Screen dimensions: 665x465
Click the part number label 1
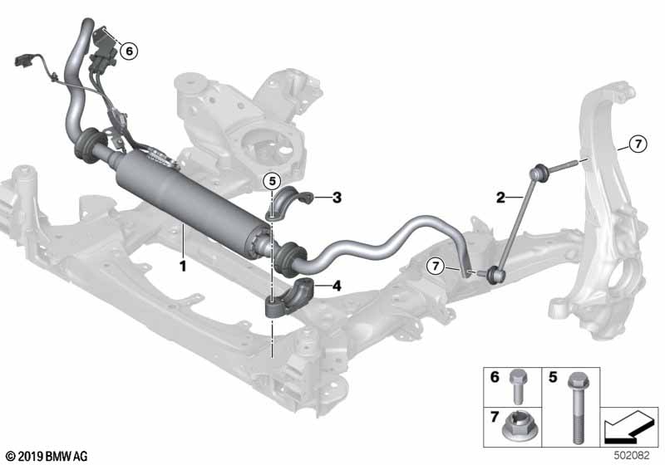point(183,267)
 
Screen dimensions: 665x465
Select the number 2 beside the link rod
point(501,198)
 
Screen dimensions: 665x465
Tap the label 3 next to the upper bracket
point(337,198)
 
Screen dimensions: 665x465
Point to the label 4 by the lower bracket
point(337,286)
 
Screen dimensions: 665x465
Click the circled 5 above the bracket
point(272,182)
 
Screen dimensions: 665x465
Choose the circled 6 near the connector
point(129,51)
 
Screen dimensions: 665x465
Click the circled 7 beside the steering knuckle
point(638,144)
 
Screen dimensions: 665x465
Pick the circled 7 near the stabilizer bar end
point(435,267)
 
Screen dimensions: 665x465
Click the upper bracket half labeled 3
point(289,203)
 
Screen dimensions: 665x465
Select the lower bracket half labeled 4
point(289,298)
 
